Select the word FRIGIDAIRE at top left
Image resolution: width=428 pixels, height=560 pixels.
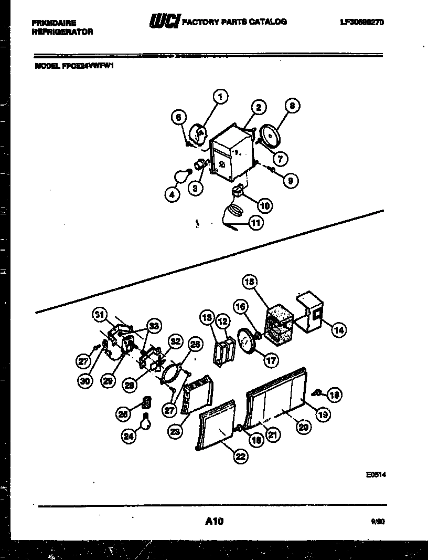[54, 23]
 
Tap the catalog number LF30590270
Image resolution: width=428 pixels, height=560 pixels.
[361, 22]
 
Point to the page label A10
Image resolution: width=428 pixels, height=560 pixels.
[215, 521]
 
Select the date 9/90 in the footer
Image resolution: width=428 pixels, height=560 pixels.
[377, 522]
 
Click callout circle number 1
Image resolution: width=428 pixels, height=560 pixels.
[221, 97]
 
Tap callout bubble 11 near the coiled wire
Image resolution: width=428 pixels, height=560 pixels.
[255, 223]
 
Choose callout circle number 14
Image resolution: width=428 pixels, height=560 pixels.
[338, 329]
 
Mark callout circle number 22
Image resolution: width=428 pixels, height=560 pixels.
[240, 456]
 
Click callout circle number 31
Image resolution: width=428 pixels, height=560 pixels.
[99, 314]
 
